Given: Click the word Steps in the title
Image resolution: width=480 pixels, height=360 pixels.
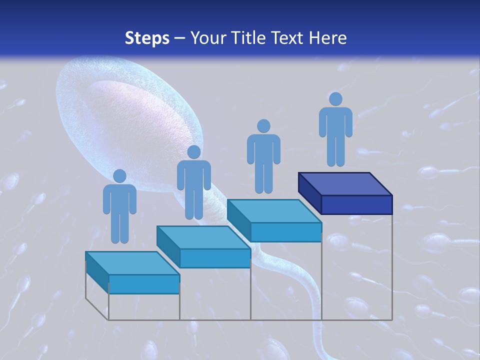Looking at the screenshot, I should click(x=147, y=38).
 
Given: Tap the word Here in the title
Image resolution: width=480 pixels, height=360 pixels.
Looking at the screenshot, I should click(x=328, y=38).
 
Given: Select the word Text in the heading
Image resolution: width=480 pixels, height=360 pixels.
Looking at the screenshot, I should click(x=289, y=38).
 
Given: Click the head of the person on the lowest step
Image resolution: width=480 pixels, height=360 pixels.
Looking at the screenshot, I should click(x=119, y=176).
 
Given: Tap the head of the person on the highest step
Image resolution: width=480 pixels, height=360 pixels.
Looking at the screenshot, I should click(x=335, y=99).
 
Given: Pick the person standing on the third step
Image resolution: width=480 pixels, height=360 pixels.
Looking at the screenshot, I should click(x=263, y=157).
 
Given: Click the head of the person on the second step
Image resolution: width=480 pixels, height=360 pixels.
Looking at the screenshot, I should click(x=193, y=152).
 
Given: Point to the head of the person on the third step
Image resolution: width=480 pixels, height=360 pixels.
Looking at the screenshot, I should click(x=263, y=126).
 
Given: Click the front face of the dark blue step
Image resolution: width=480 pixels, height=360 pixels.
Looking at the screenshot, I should click(x=356, y=204).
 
